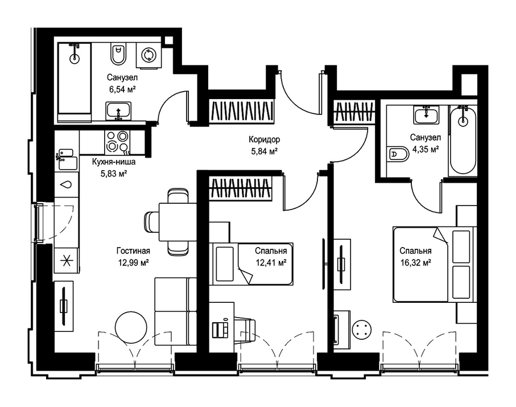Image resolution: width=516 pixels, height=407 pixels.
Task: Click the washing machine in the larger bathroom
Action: point(149,55)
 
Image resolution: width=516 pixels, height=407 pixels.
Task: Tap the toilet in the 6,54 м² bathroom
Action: point(118,54)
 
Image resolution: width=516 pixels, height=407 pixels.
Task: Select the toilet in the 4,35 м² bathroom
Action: point(398,154)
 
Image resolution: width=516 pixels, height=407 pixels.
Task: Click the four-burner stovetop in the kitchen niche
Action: point(118,142)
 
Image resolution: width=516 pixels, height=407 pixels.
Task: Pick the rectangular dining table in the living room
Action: point(177,222)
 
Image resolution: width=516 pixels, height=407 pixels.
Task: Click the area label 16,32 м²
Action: point(415,263)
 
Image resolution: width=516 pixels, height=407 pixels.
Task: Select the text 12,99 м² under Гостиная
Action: point(133,262)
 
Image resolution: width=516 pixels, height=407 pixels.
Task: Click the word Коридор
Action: point(264,139)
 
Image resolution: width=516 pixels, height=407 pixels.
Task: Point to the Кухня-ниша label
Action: point(114,162)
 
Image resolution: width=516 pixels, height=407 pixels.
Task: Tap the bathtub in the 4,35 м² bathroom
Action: point(463,139)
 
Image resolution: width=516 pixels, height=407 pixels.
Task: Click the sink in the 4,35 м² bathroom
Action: point(427,115)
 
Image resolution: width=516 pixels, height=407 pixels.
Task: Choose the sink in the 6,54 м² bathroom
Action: point(118,111)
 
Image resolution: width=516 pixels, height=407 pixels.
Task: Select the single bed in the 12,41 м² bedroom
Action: point(253,264)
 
